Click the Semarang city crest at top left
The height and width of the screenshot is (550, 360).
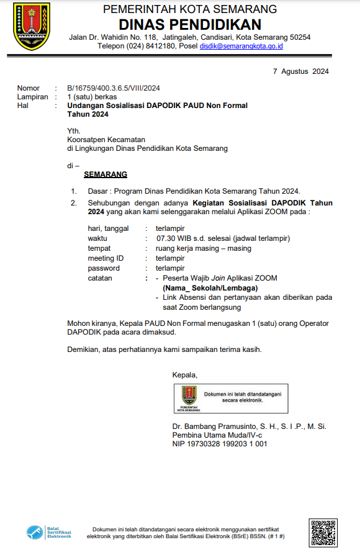click(31, 27)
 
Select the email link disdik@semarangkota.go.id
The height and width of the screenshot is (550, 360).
click(241, 46)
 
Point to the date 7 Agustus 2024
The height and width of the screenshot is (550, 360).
click(301, 71)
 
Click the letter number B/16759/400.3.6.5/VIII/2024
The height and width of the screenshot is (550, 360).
click(114, 88)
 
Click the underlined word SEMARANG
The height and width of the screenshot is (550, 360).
click(106, 174)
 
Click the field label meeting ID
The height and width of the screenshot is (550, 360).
click(106, 258)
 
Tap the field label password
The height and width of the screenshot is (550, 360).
click(104, 268)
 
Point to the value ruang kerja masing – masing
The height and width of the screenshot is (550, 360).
click(204, 248)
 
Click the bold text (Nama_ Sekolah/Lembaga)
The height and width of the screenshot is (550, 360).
click(210, 288)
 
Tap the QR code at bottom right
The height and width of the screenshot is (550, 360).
click(323, 531)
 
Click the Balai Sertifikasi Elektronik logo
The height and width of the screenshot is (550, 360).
click(49, 533)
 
